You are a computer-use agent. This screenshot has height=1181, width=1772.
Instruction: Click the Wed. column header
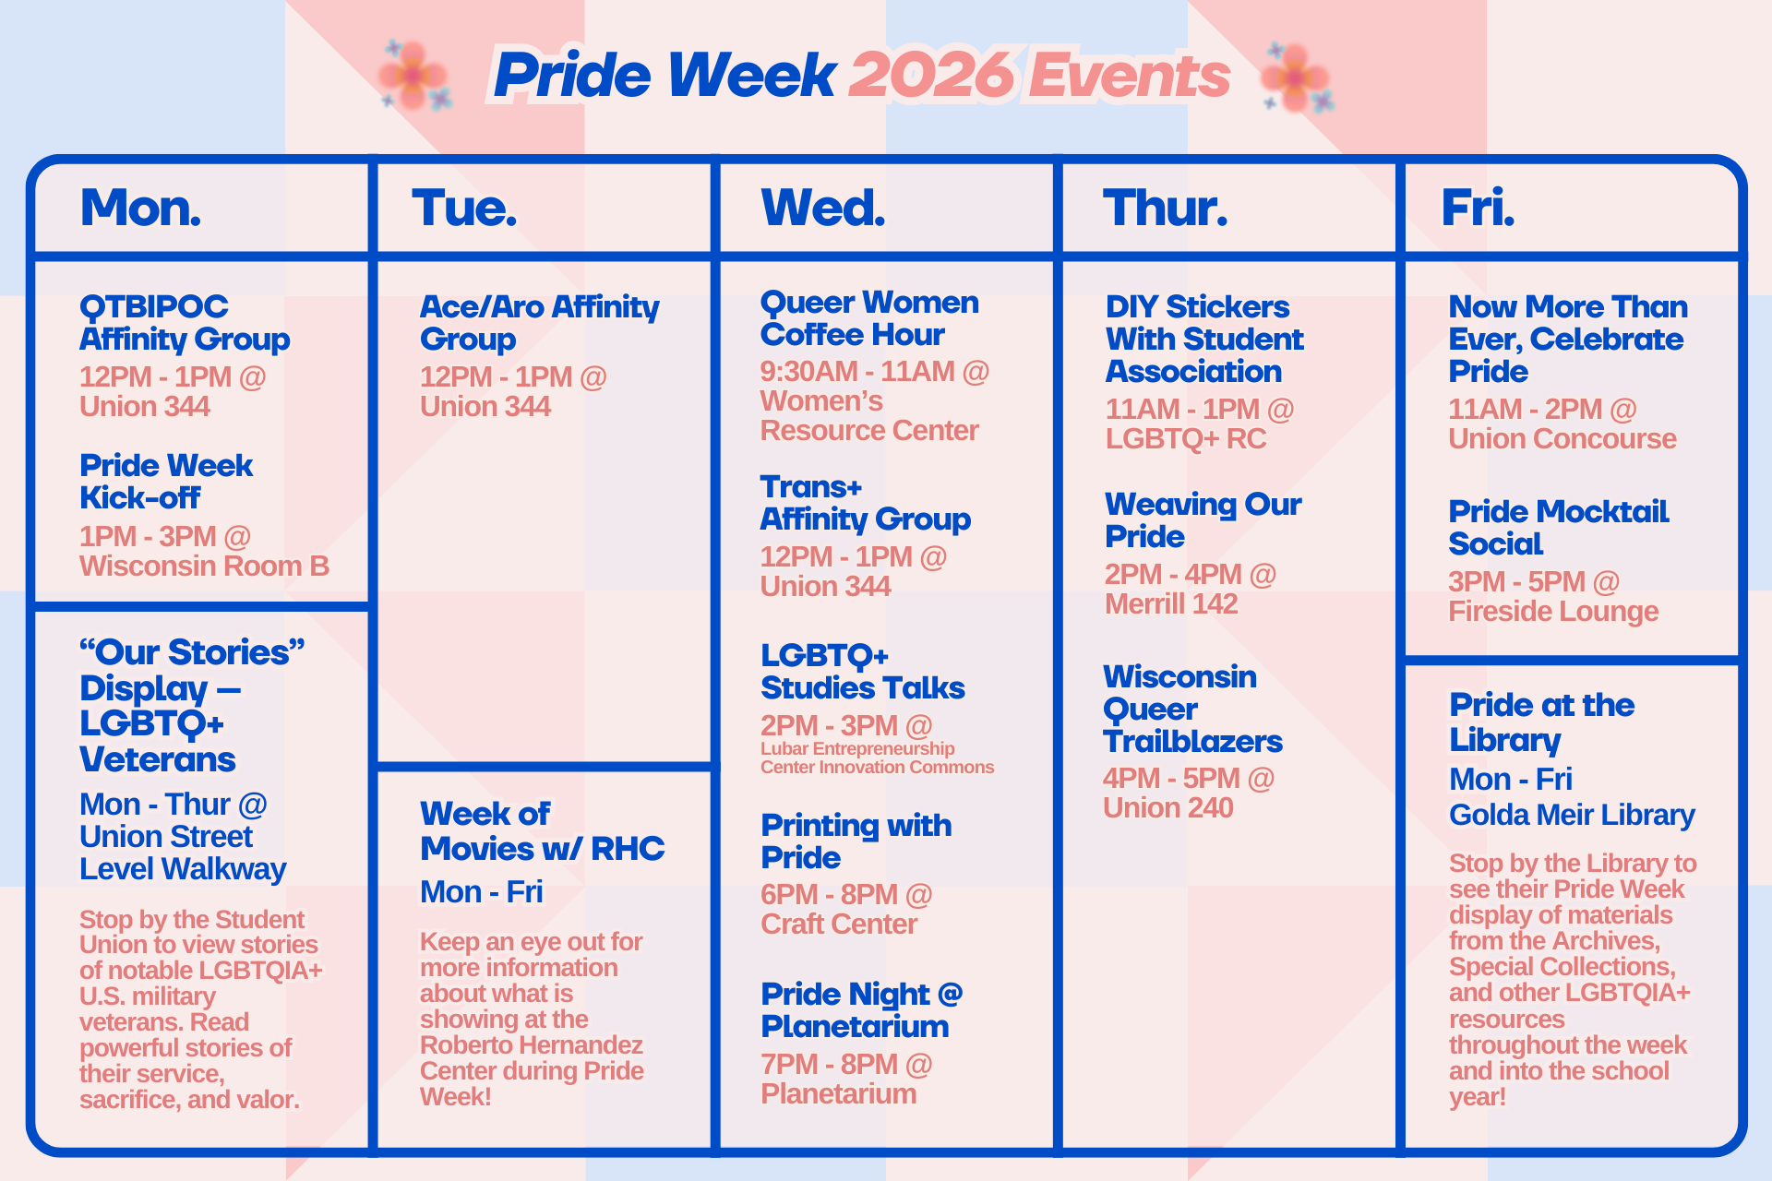tap(822, 209)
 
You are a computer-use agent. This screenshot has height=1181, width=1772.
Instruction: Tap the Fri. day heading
tap(1478, 209)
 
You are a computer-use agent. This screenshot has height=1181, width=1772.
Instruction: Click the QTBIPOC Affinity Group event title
tap(184, 323)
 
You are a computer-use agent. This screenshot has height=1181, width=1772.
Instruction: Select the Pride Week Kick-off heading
tap(165, 482)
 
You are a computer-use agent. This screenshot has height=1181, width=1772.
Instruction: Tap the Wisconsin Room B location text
tap(204, 567)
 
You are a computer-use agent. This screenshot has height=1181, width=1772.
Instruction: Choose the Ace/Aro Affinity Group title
tap(539, 323)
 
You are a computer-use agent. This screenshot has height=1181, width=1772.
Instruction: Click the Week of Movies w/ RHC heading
tap(541, 831)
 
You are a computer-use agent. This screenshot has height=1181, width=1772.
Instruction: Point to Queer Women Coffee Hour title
tap(868, 318)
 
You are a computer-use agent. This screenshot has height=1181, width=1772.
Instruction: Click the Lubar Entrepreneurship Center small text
tap(876, 758)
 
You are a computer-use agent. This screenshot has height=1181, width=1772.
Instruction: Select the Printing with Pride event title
tap(855, 841)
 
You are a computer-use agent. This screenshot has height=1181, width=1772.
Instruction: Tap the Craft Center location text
tap(838, 925)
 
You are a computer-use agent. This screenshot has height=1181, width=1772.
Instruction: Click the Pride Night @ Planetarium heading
tap(860, 1010)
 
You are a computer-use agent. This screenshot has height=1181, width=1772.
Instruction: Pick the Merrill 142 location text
tap(1170, 604)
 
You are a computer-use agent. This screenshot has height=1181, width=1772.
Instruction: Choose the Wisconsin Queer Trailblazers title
tap(1191, 710)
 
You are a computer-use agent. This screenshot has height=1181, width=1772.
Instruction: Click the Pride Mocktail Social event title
tap(1558, 528)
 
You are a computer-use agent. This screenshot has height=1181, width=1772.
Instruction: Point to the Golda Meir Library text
tap(1571, 816)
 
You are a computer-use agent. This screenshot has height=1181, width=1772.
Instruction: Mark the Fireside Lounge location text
tap(1552, 612)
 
